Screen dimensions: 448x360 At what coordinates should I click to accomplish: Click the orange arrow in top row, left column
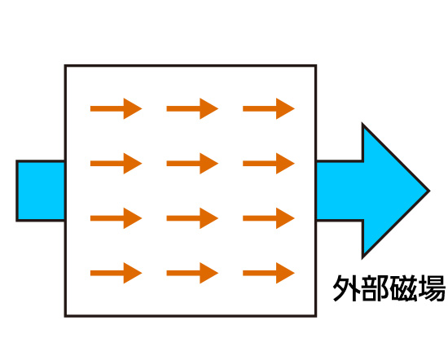click(116, 108)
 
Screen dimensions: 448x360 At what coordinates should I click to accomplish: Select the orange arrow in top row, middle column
click(192, 108)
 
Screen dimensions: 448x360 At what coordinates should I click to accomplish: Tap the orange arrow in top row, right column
click(269, 108)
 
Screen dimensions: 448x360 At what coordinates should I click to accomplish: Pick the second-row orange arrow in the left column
click(116, 164)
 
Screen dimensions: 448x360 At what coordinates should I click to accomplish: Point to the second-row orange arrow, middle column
click(192, 164)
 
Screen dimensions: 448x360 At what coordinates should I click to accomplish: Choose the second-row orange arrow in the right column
click(269, 164)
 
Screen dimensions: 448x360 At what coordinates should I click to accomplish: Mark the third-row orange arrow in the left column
click(116, 218)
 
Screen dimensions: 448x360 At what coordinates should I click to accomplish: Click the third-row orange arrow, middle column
click(192, 218)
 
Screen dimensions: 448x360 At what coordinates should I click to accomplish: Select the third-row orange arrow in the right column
click(269, 218)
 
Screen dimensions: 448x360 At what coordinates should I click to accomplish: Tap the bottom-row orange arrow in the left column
click(116, 273)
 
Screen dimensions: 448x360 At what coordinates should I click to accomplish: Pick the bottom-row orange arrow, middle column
click(192, 273)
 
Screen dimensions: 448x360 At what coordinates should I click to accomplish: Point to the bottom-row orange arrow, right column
click(269, 273)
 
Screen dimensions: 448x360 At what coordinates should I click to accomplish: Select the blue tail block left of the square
click(41, 191)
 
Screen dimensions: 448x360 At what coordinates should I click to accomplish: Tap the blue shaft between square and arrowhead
click(340, 191)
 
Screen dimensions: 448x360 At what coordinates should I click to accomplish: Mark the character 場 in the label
click(431, 288)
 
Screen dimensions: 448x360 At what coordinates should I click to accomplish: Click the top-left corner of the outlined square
click(65, 66)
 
